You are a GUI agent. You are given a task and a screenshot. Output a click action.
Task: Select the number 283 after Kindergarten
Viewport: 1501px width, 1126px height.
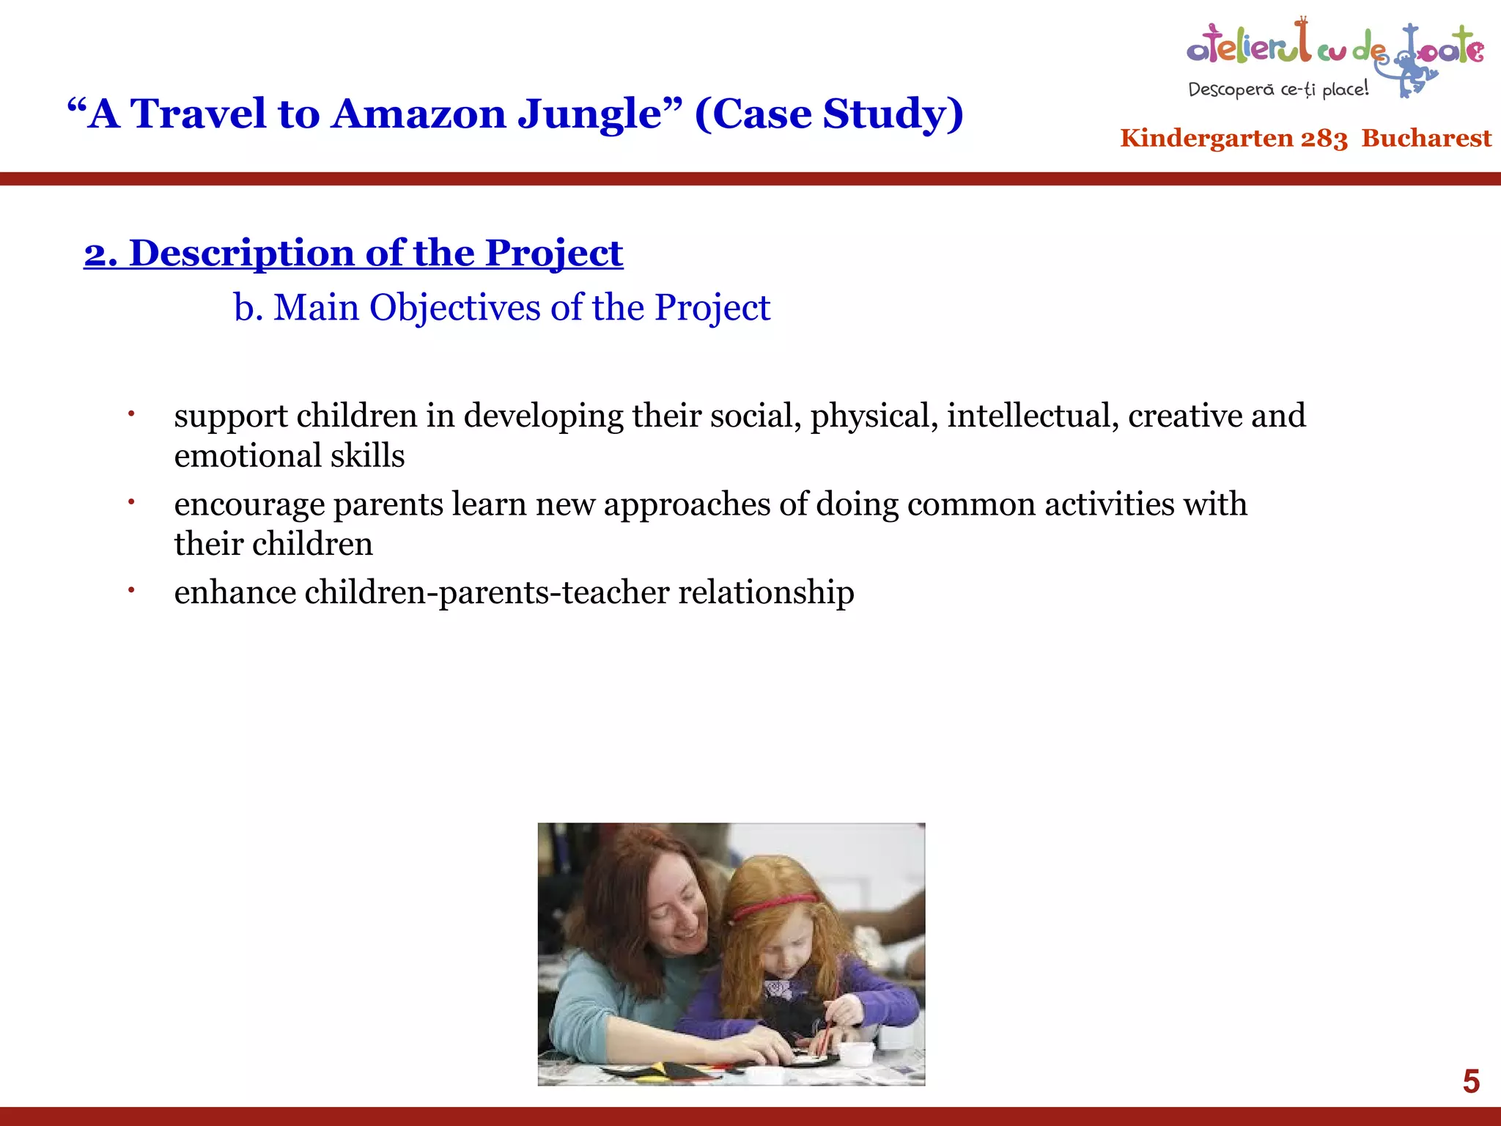1324,139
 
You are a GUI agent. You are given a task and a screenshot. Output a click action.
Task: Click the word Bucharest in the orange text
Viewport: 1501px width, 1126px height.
1426,138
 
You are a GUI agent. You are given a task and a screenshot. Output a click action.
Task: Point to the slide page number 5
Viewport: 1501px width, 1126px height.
1471,1081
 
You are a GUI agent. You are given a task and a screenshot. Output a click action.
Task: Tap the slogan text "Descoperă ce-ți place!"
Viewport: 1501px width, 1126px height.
1278,89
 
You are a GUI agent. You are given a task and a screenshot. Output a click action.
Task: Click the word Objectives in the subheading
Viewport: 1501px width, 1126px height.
455,308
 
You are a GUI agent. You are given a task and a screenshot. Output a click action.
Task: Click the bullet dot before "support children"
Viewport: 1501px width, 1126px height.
131,414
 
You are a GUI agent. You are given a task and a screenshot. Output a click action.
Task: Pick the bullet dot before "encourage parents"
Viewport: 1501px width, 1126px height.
131,502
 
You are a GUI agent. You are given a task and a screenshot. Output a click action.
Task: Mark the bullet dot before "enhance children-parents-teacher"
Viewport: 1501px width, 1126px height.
131,589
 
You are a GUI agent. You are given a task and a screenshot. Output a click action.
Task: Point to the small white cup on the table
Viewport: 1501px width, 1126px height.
855,1053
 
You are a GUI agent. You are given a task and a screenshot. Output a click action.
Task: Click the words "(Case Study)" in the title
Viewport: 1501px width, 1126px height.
828,114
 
